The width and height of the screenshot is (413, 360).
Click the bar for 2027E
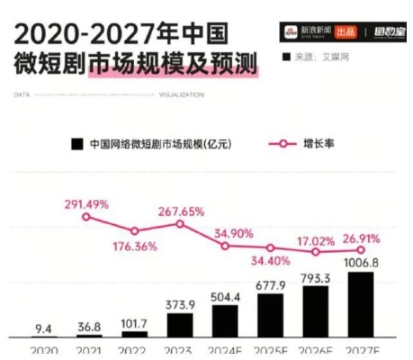tap(360, 304)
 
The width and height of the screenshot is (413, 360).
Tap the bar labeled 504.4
tap(225, 319)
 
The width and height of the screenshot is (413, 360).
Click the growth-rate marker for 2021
tap(86, 217)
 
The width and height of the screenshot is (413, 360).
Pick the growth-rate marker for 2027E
tap(361, 250)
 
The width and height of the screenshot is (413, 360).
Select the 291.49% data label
tap(86, 202)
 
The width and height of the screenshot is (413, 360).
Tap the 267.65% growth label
tap(179, 211)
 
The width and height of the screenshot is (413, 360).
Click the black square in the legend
tap(77, 144)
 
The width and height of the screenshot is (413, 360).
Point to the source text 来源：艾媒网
tap(318, 56)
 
